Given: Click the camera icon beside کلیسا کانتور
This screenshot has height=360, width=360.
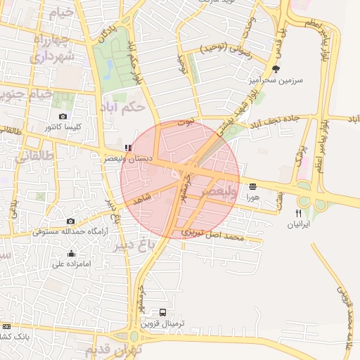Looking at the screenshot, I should click(63, 117).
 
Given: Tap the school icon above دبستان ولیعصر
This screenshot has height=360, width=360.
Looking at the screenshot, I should click(127, 148).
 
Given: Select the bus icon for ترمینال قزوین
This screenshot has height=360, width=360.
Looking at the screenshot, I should click(163, 312).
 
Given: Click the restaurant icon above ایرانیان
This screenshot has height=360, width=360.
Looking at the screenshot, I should click(298, 213).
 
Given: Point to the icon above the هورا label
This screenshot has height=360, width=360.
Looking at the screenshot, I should click(252, 186).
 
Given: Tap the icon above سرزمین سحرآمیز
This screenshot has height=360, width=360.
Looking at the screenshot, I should click(276, 69).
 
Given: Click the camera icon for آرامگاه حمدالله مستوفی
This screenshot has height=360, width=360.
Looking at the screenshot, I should click(70, 221).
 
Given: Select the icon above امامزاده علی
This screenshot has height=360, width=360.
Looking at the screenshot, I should click(71, 253).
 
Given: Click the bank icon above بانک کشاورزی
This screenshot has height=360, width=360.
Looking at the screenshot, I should click(6, 326).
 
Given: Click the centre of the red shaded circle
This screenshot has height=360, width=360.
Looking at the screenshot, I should click(180, 180).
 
